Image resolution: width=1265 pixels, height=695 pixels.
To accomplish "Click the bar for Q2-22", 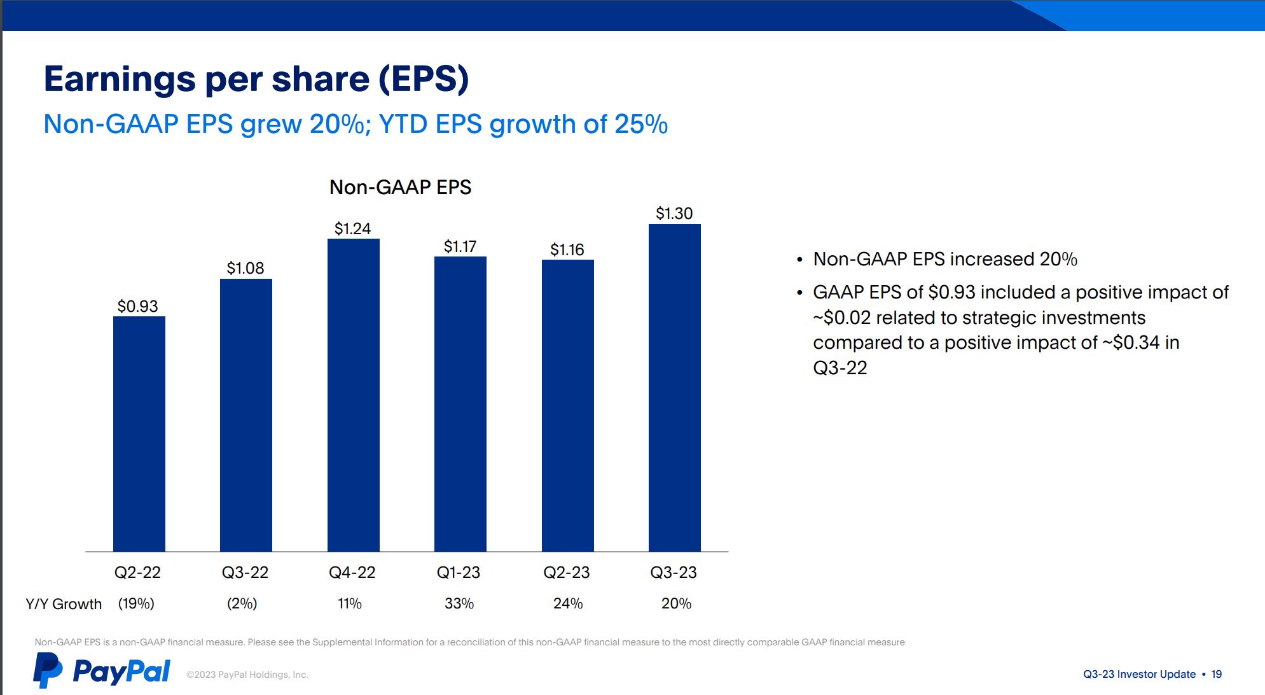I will pyautogui.click(x=139, y=433).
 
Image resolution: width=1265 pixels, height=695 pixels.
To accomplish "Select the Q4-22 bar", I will pyautogui.click(x=353, y=395).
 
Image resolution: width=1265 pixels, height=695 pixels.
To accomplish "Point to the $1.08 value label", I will pyautogui.click(x=245, y=268).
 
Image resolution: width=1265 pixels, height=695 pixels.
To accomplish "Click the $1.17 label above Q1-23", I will pyautogui.click(x=460, y=246).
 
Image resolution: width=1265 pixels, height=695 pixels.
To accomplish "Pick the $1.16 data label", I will pyautogui.click(x=567, y=249).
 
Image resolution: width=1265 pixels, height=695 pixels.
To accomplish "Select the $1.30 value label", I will pyautogui.click(x=674, y=213).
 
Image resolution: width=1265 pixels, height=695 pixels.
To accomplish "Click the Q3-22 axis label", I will pyautogui.click(x=245, y=572).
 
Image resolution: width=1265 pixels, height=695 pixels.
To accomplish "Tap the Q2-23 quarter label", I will pyautogui.click(x=566, y=572).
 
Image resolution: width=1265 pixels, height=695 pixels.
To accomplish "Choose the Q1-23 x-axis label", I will pyautogui.click(x=458, y=572).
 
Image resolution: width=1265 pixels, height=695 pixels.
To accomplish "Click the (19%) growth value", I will pyautogui.click(x=136, y=603).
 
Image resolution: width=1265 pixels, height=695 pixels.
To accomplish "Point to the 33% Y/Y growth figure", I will pyautogui.click(x=459, y=603).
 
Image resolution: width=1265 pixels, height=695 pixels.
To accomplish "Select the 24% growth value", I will pyautogui.click(x=568, y=603).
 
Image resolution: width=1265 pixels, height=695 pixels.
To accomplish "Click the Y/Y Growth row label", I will pyautogui.click(x=64, y=604).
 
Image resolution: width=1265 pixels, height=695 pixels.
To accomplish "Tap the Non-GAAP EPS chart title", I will pyautogui.click(x=400, y=187).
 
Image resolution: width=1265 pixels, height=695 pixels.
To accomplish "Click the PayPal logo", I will pyautogui.click(x=102, y=671).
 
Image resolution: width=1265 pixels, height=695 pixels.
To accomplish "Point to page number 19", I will pyautogui.click(x=1216, y=674).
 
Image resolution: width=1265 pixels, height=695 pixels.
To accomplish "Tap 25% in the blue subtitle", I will pyautogui.click(x=641, y=124).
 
